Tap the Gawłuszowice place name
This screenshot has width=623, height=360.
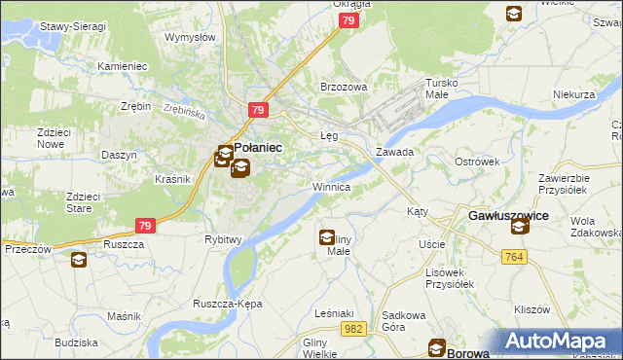[x=508, y=214]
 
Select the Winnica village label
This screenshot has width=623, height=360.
[x=331, y=186]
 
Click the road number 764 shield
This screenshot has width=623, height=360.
[x=516, y=256]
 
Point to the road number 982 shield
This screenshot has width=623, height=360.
[x=354, y=331]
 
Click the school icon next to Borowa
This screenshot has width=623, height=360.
[x=438, y=349]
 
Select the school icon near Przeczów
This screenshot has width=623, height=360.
[x=78, y=259]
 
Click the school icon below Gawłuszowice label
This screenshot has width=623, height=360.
[x=519, y=227]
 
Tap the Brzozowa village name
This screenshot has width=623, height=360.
[x=344, y=87]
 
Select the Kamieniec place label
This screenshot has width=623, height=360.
[x=122, y=66]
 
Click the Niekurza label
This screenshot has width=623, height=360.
[x=572, y=94]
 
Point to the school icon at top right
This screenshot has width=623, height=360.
[x=513, y=14]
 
